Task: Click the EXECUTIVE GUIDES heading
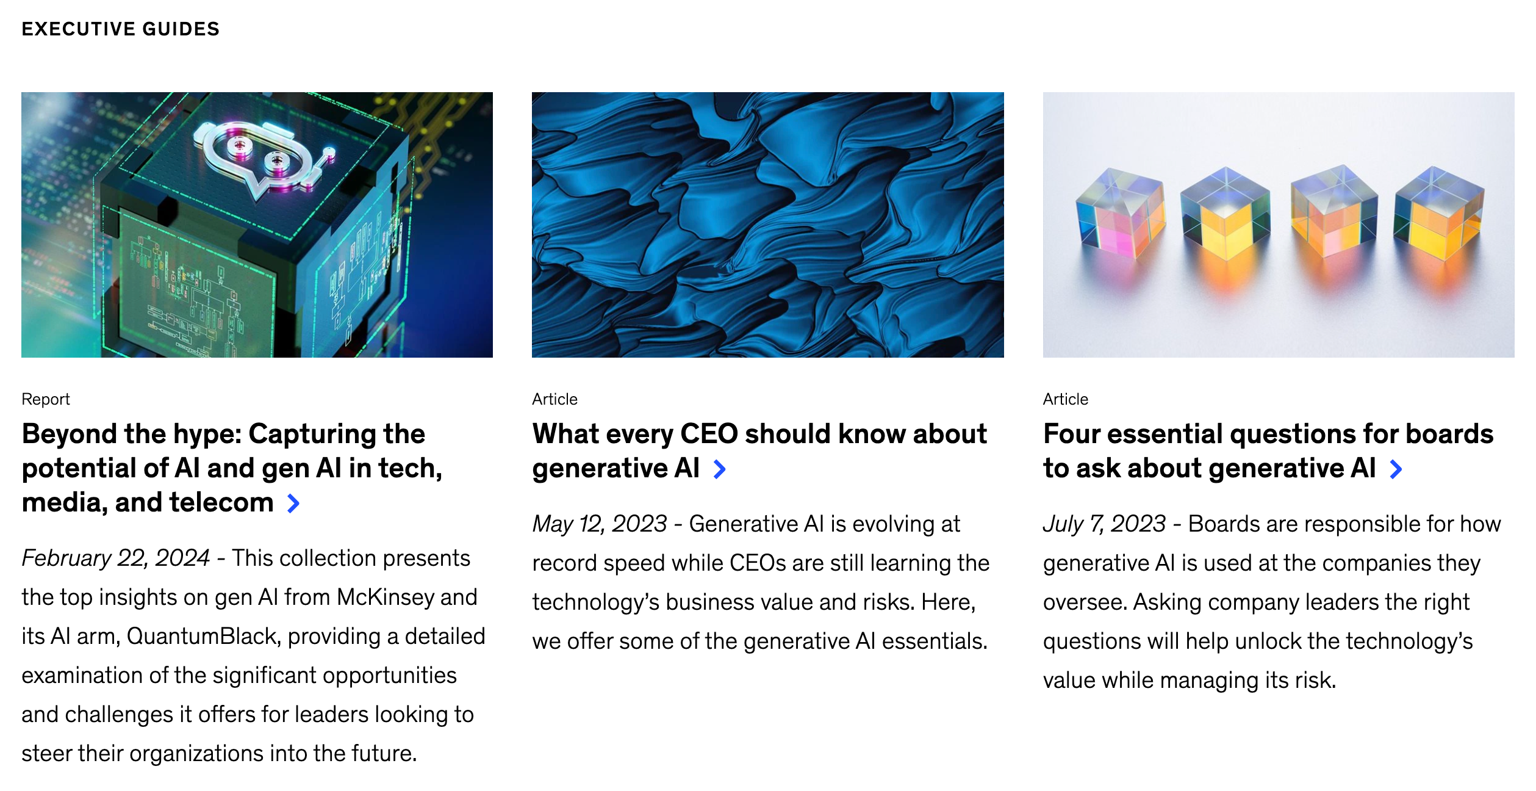pyautogui.click(x=120, y=29)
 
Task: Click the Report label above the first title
pyautogui.click(x=46, y=399)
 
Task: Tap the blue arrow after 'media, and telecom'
pyautogui.click(x=293, y=504)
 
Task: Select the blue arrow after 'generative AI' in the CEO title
pyautogui.click(x=720, y=469)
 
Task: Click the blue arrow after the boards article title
pyautogui.click(x=1396, y=469)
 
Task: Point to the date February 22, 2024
pyautogui.click(x=116, y=558)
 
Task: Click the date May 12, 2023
pyautogui.click(x=600, y=524)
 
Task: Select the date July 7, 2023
pyautogui.click(x=1104, y=524)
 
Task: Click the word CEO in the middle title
pyautogui.click(x=709, y=434)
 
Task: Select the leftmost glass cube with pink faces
pyautogui.click(x=1121, y=213)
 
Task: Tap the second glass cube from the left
pyautogui.click(x=1225, y=213)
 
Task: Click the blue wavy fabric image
pyautogui.click(x=767, y=225)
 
